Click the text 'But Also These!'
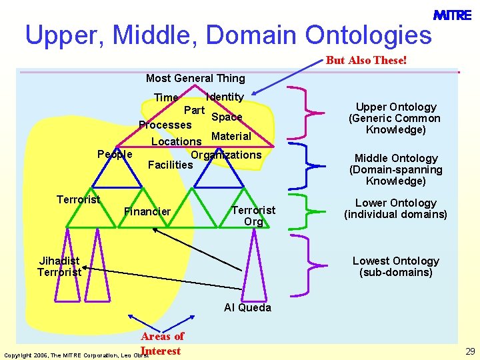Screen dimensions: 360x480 [366, 61]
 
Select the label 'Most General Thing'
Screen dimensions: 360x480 [195, 79]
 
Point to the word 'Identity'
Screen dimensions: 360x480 [225, 97]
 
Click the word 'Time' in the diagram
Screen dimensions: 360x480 [166, 98]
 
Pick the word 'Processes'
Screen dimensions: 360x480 [165, 125]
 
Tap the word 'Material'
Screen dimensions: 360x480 [231, 136]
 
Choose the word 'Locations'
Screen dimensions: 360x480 [176, 141]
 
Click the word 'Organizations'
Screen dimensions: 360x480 [226, 155]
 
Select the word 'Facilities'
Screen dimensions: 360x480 [170, 165]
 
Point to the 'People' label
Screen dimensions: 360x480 [115, 154]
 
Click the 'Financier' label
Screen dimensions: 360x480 [147, 211]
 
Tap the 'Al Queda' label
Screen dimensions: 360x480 [247, 307]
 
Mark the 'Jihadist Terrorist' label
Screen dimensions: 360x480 [59, 266]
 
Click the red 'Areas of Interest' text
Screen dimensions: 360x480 [162, 343]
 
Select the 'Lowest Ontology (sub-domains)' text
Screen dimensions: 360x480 [396, 266]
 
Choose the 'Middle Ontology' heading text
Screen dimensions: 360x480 [396, 158]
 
